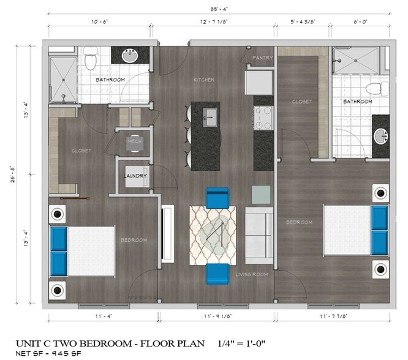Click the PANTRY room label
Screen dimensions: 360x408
[x=263, y=58]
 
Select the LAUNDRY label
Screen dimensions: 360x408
[x=134, y=176]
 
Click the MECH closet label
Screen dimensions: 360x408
[x=134, y=141]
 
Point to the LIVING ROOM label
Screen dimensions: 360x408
[x=252, y=274]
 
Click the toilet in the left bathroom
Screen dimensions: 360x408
[x=91, y=59]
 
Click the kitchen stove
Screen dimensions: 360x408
[x=263, y=118]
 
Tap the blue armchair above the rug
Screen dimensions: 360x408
[x=217, y=197]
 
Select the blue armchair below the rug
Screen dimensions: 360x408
[x=217, y=274]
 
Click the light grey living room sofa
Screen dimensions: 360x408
[x=259, y=234]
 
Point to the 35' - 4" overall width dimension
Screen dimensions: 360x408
[x=217, y=9]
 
